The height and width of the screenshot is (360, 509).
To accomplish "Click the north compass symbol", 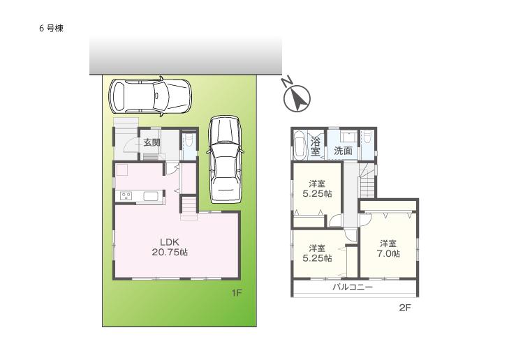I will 297,98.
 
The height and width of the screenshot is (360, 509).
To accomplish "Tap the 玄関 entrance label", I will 152,142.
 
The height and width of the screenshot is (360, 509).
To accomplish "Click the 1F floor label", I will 237,293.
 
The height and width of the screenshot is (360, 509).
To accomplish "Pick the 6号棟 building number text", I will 52,29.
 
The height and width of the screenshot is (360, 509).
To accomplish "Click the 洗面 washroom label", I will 342,151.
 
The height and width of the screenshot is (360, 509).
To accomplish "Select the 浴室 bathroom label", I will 316,146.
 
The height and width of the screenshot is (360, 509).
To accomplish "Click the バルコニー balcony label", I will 352,287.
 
